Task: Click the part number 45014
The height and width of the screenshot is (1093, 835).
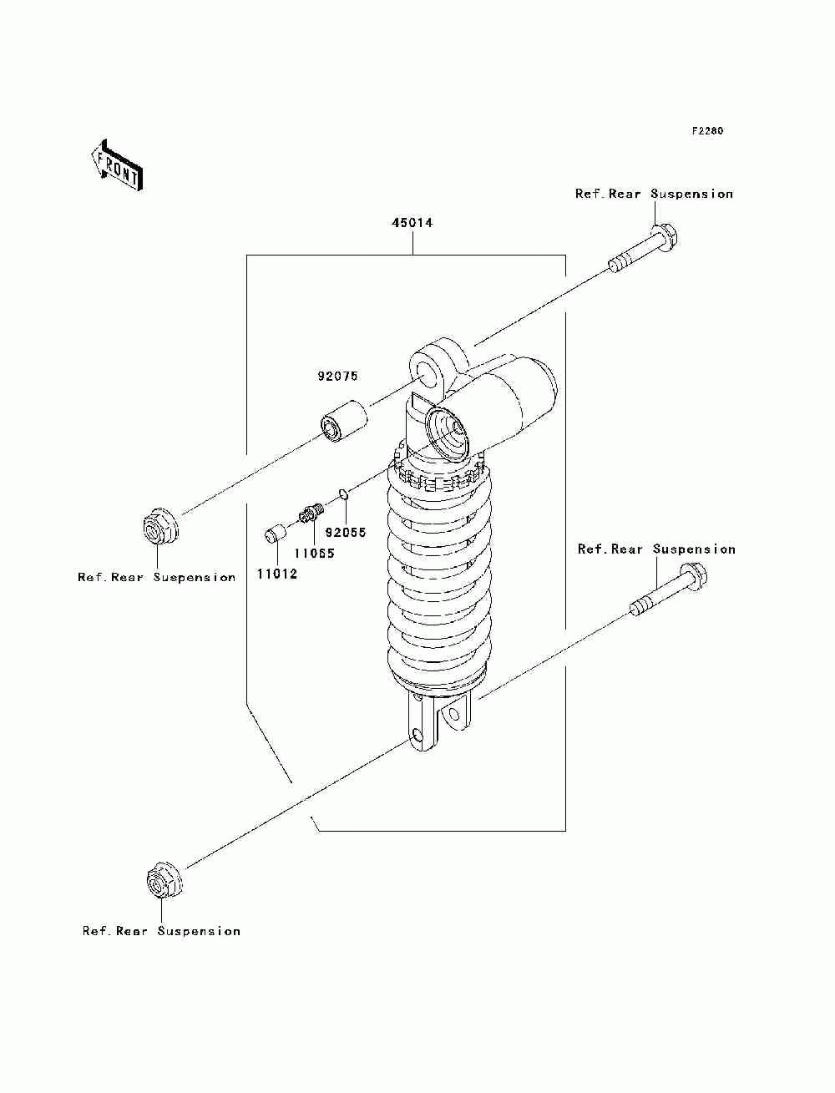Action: [412, 224]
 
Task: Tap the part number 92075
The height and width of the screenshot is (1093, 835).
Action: [337, 377]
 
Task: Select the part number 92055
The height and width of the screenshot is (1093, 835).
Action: [346, 533]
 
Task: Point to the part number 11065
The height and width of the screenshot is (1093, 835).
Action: [313, 553]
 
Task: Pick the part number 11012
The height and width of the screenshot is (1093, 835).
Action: [276, 574]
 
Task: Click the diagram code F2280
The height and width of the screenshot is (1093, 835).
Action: [706, 132]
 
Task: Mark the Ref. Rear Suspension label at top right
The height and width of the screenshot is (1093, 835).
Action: [654, 194]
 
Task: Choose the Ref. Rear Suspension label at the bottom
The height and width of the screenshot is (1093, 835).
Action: [161, 931]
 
